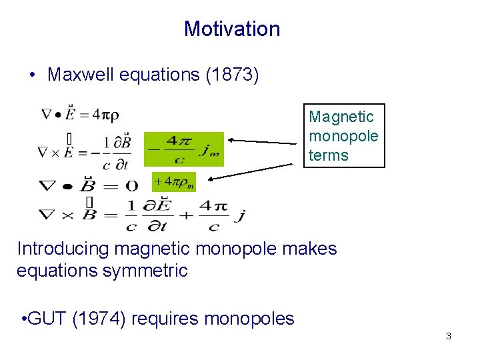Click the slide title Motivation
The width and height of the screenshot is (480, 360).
232,29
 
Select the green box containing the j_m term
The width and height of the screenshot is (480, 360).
184,149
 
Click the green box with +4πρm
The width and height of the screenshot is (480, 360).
174,181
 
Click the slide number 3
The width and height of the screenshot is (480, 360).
448,336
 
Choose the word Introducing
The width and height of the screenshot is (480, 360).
63,249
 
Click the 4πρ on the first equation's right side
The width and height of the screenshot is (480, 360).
105,114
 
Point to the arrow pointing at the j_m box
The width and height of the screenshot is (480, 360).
263,141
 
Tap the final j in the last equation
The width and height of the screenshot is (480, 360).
241,215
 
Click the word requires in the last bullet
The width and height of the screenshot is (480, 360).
165,319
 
